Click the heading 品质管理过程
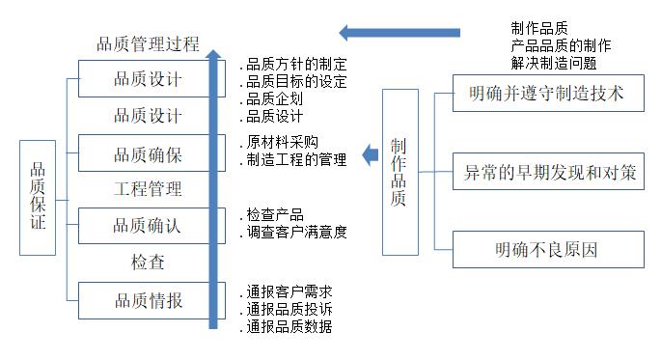click(x=148, y=43)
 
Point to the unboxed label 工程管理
click(x=148, y=189)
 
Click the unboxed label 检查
click(x=148, y=262)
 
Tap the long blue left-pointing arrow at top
click(x=405, y=32)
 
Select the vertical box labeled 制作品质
click(x=399, y=172)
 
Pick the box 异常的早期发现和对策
click(x=546, y=173)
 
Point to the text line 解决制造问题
click(x=554, y=63)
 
